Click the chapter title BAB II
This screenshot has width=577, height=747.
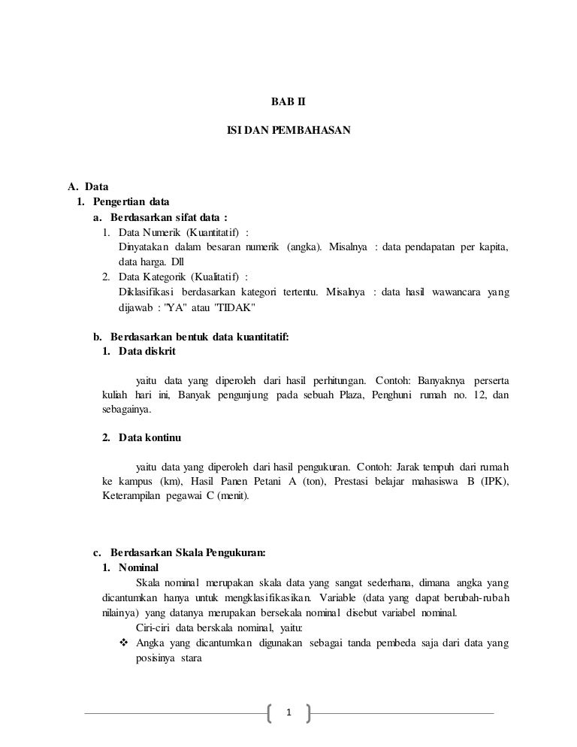[288, 99]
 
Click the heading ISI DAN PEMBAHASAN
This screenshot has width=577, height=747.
[288, 130]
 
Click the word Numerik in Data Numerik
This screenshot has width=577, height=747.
[163, 232]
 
